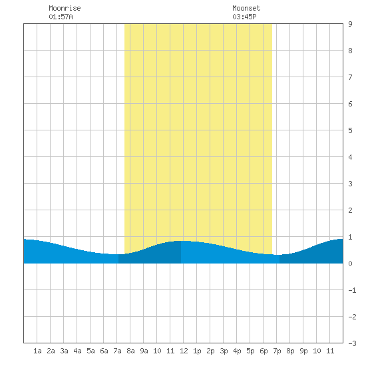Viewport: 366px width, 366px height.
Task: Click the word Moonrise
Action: coord(65,8)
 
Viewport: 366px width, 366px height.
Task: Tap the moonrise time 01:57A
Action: coord(61,17)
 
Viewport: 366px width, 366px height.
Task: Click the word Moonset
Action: coord(246,8)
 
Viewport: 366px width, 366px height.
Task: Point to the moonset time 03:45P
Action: coord(244,17)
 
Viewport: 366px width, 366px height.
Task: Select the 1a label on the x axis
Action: coord(37,351)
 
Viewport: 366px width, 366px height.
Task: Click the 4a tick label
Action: coord(77,351)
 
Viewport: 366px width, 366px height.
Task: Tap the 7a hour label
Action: coord(117,351)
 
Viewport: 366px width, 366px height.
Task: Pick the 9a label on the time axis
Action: coord(144,351)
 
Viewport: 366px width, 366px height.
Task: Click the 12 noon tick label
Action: coord(184,351)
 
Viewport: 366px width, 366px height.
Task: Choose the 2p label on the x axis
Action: coord(210,351)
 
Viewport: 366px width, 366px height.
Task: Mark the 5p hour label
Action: coord(250,351)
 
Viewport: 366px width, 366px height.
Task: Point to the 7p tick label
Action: coord(277,351)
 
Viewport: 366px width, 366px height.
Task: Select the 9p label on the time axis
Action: coord(303,351)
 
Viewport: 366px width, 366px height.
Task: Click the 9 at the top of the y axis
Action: coord(350,24)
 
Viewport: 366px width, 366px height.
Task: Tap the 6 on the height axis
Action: coord(350,104)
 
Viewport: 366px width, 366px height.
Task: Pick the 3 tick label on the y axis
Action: coord(350,184)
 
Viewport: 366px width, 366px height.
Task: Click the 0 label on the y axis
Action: coord(350,264)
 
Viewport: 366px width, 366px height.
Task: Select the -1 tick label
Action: coord(352,290)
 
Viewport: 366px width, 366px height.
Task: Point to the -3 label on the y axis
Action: coord(352,343)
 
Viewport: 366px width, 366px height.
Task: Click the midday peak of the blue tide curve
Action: coord(183,241)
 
